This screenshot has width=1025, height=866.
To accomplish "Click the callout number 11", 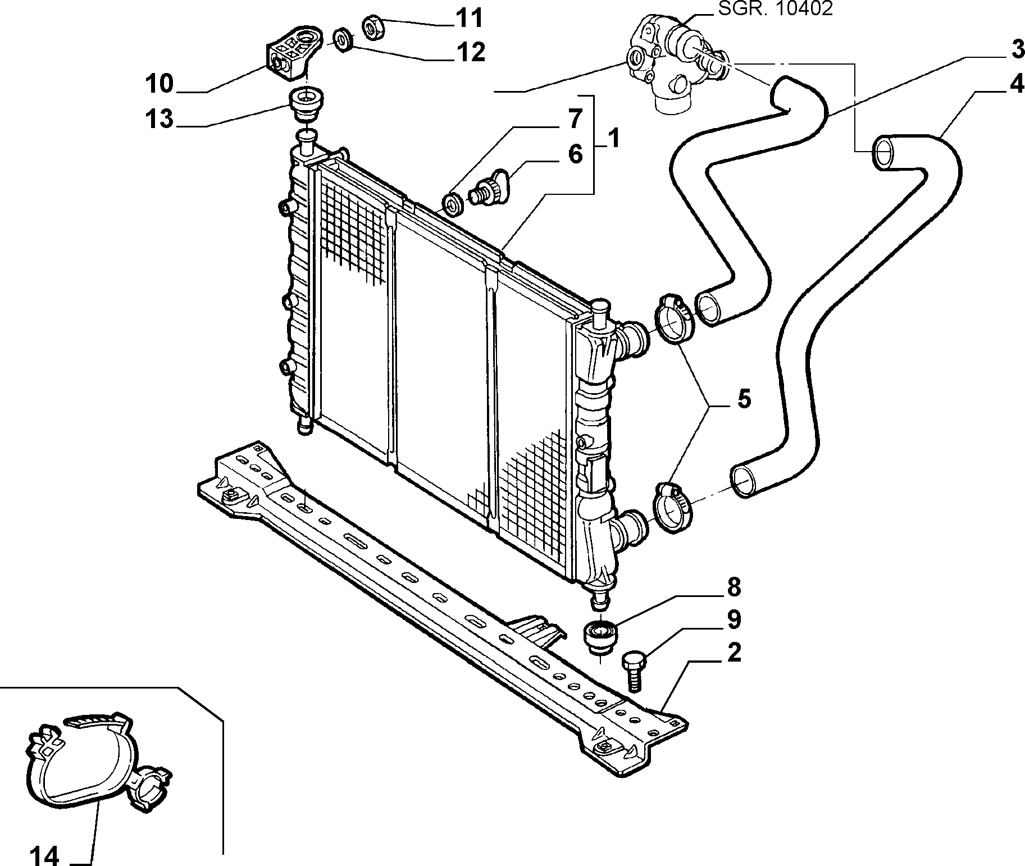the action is tap(470, 19).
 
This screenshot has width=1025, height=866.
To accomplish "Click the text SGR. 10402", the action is tap(776, 8).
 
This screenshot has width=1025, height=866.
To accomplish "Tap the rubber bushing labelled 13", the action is tap(306, 105).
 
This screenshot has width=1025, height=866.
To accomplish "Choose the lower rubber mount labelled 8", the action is tap(600, 637).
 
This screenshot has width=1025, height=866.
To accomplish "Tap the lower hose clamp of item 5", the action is tap(673, 507).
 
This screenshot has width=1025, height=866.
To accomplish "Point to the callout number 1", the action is tap(614, 139).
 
